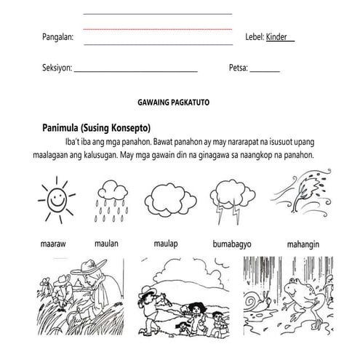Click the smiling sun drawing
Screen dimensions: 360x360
[52, 200]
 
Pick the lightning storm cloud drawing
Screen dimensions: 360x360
[232, 197]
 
